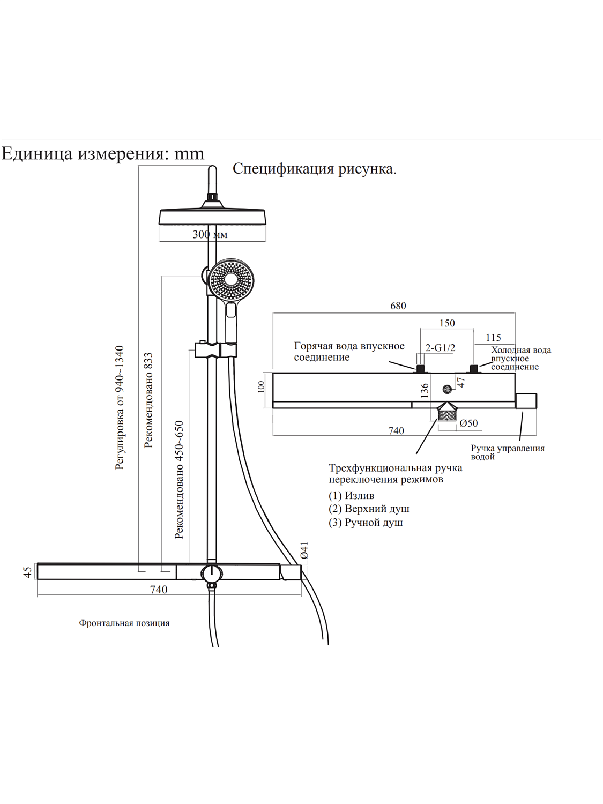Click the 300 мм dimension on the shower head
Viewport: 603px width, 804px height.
pos(210,234)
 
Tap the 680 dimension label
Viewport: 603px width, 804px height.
pos(398,306)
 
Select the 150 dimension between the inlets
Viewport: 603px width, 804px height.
pos(446,323)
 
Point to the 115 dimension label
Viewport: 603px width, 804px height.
pos(493,338)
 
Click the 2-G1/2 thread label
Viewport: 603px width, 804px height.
pos(440,348)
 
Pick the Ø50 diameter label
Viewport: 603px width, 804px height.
pos(468,423)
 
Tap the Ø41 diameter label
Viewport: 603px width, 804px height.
pos(304,550)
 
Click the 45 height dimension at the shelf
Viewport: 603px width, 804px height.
pos(27,572)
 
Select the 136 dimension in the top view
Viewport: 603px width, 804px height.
pos(425,390)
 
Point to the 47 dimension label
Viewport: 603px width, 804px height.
pos(460,382)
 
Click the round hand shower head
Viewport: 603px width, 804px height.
pos(231,279)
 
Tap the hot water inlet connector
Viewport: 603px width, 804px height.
pos(420,368)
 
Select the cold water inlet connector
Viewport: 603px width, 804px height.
pos(474,368)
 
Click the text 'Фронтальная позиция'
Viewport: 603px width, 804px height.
pos(124,623)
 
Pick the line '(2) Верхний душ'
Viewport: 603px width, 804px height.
pos(369,509)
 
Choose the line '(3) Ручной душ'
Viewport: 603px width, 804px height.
pos(366,522)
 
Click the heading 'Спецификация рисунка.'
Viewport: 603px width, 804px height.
pos(314,169)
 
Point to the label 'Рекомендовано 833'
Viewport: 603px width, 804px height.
pos(148,400)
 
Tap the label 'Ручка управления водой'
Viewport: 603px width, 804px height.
pos(507,452)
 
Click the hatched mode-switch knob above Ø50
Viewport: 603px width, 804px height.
pos(447,415)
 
